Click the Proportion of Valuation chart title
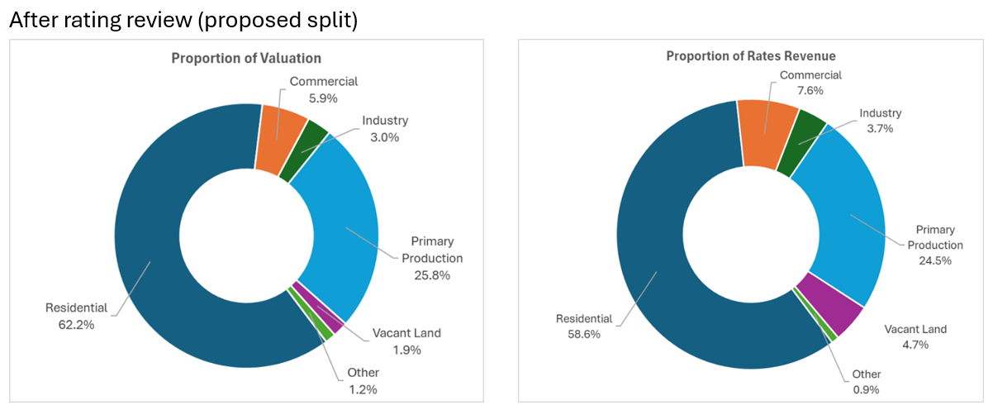(246, 59)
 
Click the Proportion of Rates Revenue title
(751, 56)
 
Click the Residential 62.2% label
(76, 316)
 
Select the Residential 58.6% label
(584, 327)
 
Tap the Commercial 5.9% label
(323, 89)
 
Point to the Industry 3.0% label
(385, 129)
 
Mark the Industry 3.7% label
(881, 122)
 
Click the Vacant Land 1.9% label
(406, 341)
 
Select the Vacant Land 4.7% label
(915, 336)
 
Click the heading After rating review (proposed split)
(183, 21)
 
